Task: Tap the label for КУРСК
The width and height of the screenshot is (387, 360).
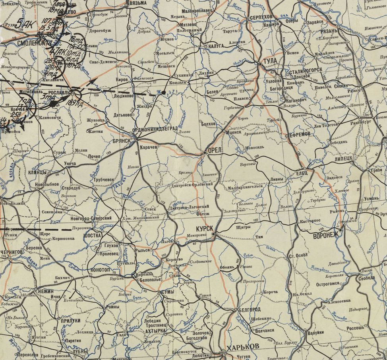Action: [205, 229]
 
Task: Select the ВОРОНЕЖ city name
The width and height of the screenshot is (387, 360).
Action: [325, 234]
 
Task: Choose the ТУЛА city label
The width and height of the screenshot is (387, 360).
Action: [270, 61]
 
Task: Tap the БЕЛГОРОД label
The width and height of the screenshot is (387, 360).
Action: [250, 310]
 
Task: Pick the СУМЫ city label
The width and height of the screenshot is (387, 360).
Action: [168, 292]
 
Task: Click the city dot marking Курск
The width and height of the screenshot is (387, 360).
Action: [214, 234]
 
